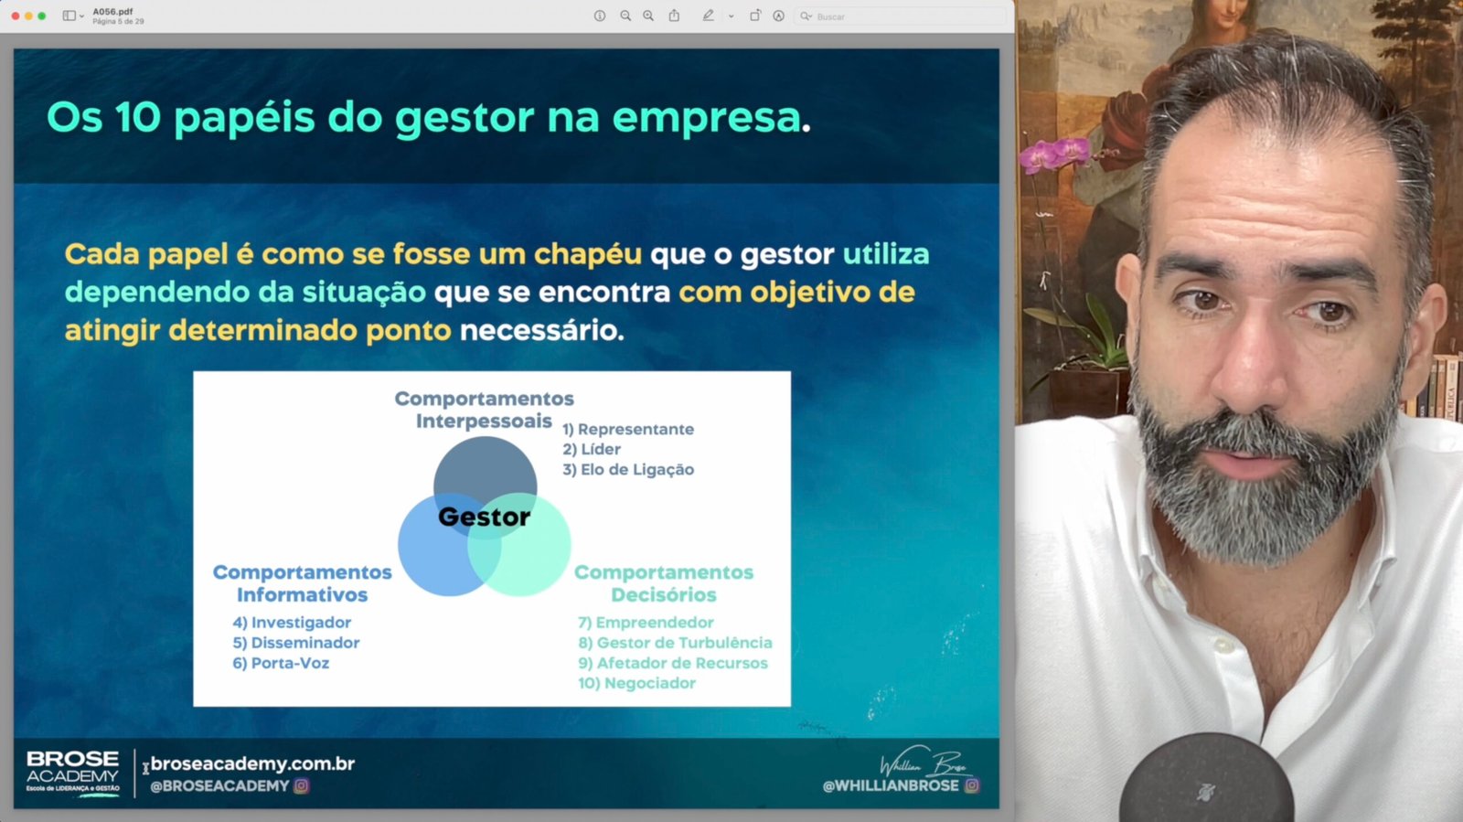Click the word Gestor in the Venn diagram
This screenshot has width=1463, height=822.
tap(484, 518)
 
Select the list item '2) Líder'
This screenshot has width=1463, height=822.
tap(591, 449)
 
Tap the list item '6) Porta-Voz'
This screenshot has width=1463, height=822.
tap(281, 663)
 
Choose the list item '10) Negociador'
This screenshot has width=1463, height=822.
tap(636, 683)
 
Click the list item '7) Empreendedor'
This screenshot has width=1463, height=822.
tap(646, 623)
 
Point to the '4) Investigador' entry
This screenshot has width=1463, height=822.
tap(292, 623)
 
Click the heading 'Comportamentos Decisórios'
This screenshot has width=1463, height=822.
tap(664, 583)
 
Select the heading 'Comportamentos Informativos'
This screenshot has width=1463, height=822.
tap(303, 583)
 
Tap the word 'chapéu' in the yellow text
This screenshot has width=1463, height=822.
tap(588, 254)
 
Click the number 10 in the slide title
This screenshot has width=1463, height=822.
tap(138, 118)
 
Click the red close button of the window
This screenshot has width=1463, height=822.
tap(15, 16)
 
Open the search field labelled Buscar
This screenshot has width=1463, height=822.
tap(902, 16)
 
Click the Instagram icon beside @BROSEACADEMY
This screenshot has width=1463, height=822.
tap(301, 785)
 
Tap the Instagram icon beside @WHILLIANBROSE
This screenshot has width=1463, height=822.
tap(972, 785)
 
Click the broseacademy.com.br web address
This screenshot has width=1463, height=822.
tap(252, 763)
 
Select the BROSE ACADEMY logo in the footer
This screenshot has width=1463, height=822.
tap(72, 773)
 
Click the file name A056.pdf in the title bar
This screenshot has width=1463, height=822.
tap(113, 11)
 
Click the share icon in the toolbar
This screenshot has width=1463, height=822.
tap(674, 16)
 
